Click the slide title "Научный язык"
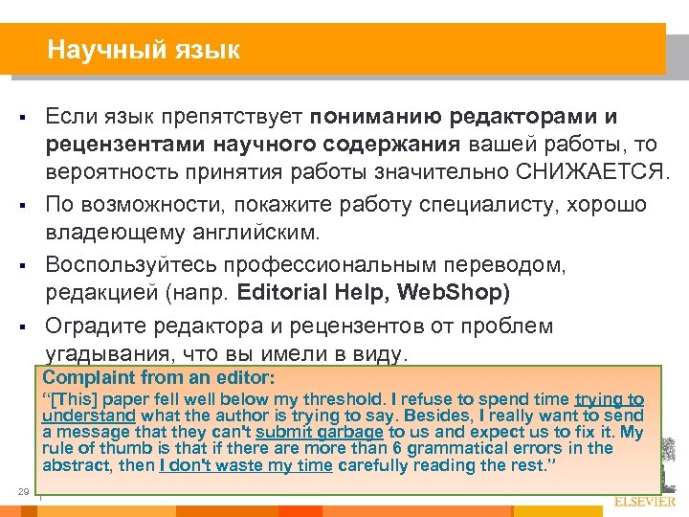point(144,49)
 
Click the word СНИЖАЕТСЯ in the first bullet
point(582,171)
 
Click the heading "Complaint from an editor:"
point(159,377)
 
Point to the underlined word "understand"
point(89,416)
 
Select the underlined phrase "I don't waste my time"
point(246,465)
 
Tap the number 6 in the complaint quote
point(390,448)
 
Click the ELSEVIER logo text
point(642,501)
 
